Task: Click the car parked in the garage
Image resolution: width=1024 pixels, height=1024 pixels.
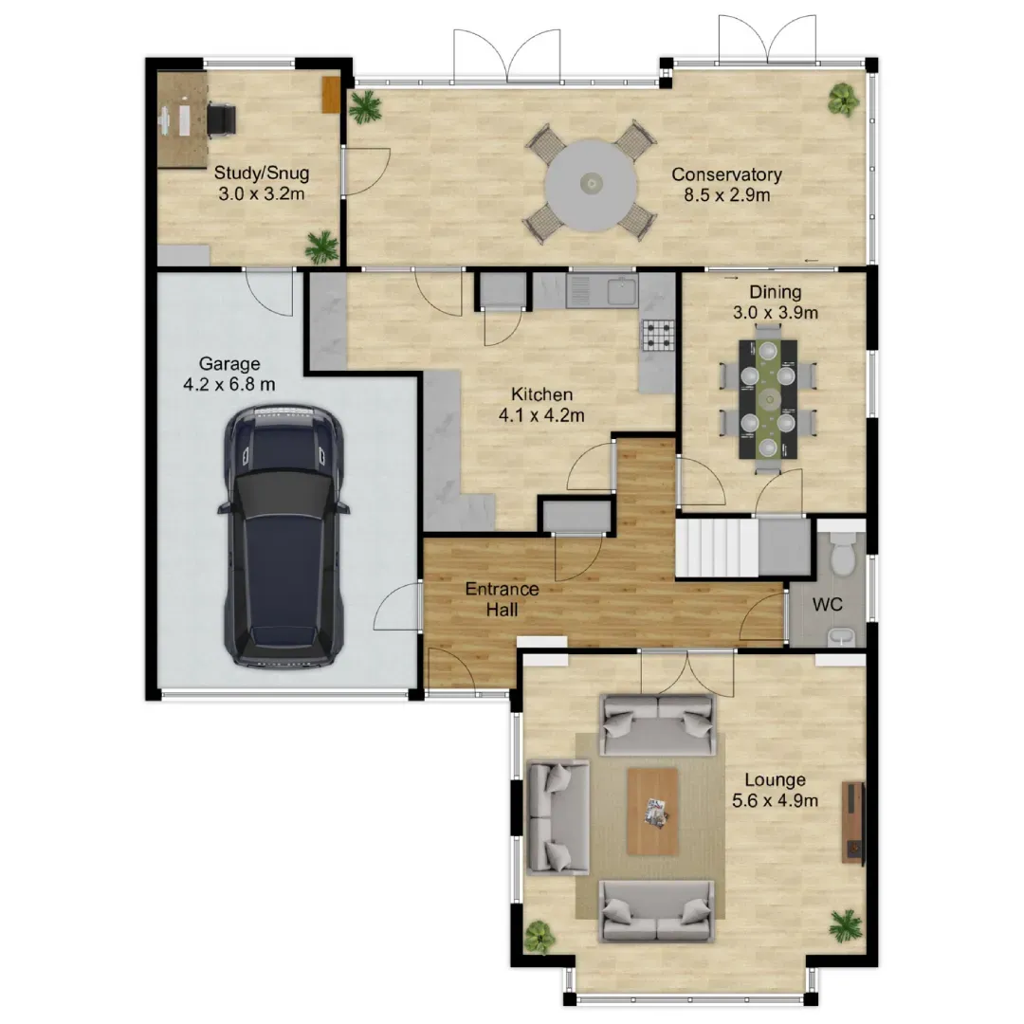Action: click(x=284, y=536)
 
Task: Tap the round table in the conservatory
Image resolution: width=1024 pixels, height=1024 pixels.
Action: click(x=591, y=184)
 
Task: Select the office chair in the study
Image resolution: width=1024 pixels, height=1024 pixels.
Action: click(x=221, y=120)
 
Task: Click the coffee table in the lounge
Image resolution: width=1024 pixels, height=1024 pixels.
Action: click(x=652, y=811)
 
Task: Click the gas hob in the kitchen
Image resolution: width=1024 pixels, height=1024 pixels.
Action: click(x=657, y=336)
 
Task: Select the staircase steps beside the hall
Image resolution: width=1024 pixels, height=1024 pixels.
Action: click(x=717, y=547)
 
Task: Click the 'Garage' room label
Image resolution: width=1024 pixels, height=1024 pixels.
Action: click(x=229, y=363)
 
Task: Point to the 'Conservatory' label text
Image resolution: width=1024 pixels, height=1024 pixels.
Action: click(x=726, y=174)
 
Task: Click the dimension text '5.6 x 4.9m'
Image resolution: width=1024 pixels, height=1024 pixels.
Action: click(x=775, y=800)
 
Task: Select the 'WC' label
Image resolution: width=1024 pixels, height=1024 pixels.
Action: click(x=828, y=604)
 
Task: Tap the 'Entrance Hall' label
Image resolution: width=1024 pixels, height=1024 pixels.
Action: click(x=502, y=599)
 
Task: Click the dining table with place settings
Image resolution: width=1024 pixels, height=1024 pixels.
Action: click(x=768, y=398)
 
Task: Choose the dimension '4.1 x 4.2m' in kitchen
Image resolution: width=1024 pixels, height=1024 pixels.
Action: click(x=541, y=414)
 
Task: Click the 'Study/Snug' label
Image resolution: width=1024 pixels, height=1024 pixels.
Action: click(x=262, y=174)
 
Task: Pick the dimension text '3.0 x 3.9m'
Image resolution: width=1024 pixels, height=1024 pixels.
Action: click(x=776, y=312)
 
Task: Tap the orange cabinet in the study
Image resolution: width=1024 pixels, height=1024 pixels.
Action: click(x=331, y=95)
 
